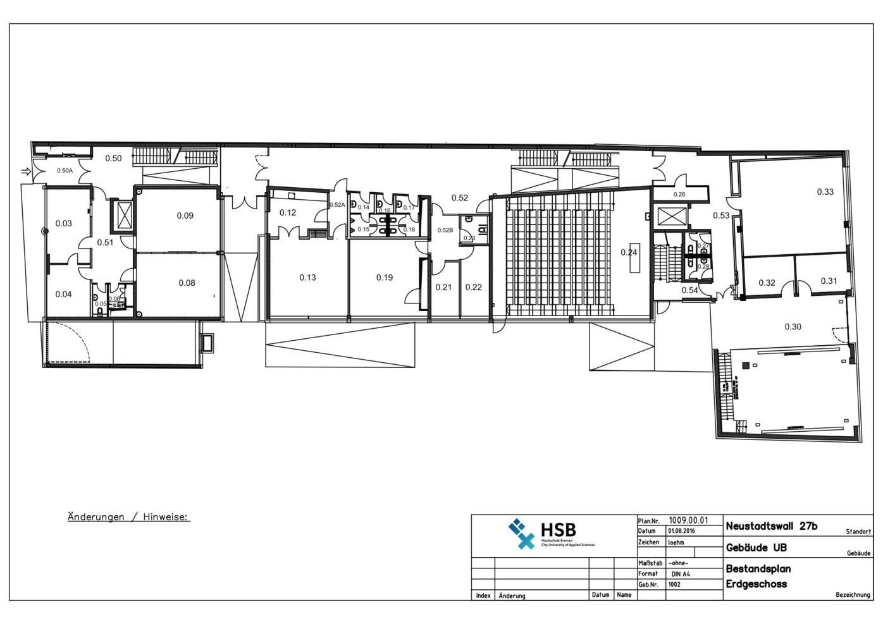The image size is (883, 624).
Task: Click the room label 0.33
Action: [825, 192]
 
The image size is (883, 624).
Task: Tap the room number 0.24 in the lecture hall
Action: [629, 253]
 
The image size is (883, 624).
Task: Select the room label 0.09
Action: [185, 216]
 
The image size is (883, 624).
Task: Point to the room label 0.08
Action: [187, 283]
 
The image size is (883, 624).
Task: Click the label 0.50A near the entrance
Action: [65, 171]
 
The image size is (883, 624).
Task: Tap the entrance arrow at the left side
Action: [26, 171]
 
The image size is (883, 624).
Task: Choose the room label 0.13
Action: [307, 278]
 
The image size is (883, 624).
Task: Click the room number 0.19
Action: [385, 278]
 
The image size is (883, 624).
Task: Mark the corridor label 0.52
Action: [460, 199]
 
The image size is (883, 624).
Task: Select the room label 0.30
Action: [793, 327]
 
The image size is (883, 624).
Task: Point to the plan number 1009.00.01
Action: [688, 521]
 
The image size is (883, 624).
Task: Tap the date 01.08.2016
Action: [681, 532]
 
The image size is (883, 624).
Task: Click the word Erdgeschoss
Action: [756, 584]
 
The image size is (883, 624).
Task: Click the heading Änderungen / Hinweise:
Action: [128, 517]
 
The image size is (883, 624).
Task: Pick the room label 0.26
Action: [679, 195]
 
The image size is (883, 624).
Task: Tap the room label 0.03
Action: [64, 224]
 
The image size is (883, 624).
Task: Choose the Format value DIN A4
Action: [681, 574]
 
